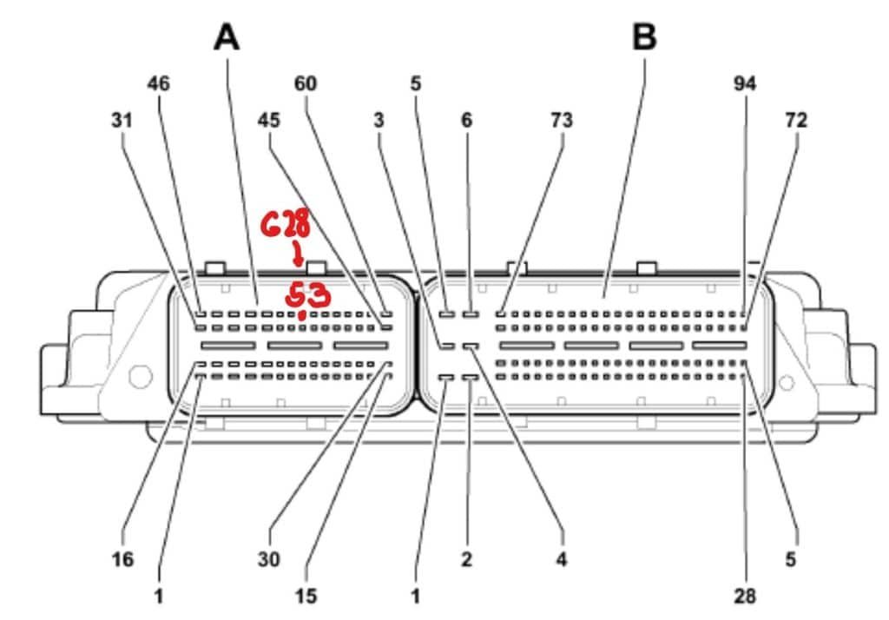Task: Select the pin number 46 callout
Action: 158,84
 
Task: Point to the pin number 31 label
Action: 122,120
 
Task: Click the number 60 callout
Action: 306,84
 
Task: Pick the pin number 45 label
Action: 269,120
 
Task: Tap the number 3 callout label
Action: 379,120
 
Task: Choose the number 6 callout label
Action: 466,120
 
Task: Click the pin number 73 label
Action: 562,120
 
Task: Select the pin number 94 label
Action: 745,84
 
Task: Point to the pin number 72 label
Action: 796,120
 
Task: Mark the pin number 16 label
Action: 122,560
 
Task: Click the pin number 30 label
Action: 269,560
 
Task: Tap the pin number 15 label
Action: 306,597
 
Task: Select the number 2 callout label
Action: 466,560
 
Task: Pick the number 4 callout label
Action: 562,560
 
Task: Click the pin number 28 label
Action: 745,597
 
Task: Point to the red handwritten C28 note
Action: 286,222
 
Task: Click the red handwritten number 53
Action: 308,295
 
